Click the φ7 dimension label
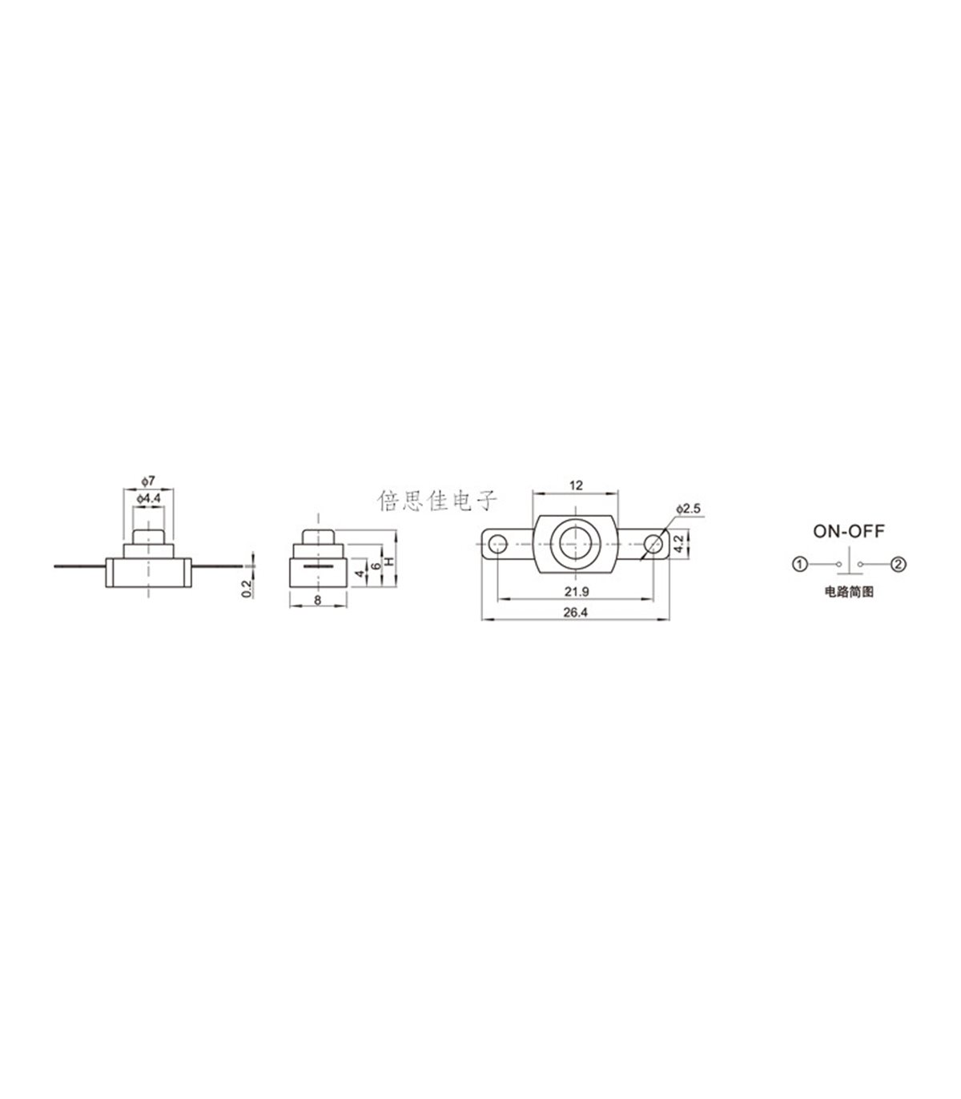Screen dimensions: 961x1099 (x=148, y=480)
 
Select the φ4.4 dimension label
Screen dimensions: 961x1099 (x=149, y=498)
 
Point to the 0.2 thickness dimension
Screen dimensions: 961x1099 (x=247, y=589)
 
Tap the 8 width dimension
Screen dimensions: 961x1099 (x=318, y=600)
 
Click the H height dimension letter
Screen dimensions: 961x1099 (x=390, y=561)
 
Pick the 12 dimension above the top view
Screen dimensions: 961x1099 (x=576, y=485)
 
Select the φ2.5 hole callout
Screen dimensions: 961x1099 (x=689, y=508)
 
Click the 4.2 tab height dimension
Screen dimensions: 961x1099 (x=679, y=544)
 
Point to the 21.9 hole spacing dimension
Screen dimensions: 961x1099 (x=577, y=591)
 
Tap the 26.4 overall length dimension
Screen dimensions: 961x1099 (x=576, y=612)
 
